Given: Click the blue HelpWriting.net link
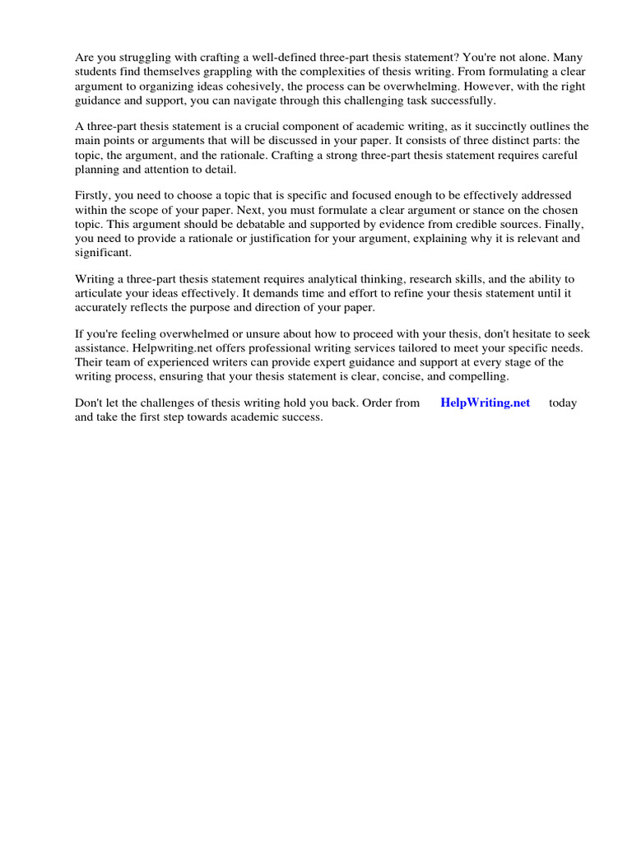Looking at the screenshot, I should click(485, 403).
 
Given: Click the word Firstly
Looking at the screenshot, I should click(93, 196).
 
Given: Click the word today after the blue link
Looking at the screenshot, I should click(563, 403).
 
